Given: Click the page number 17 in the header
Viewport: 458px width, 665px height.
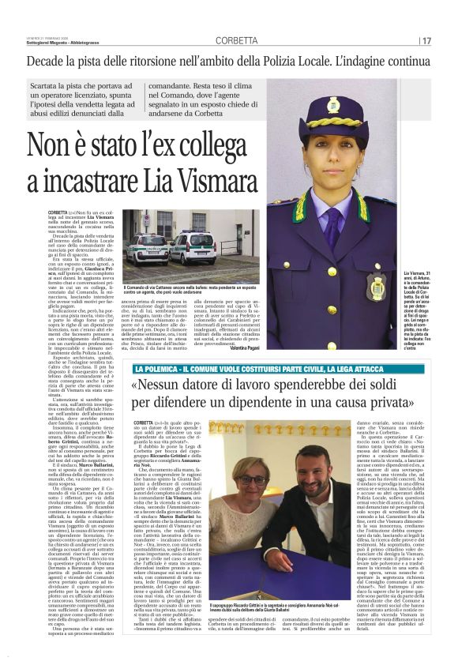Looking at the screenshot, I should [x=426, y=40].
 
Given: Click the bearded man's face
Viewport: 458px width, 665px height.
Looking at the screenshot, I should [x=307, y=475].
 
